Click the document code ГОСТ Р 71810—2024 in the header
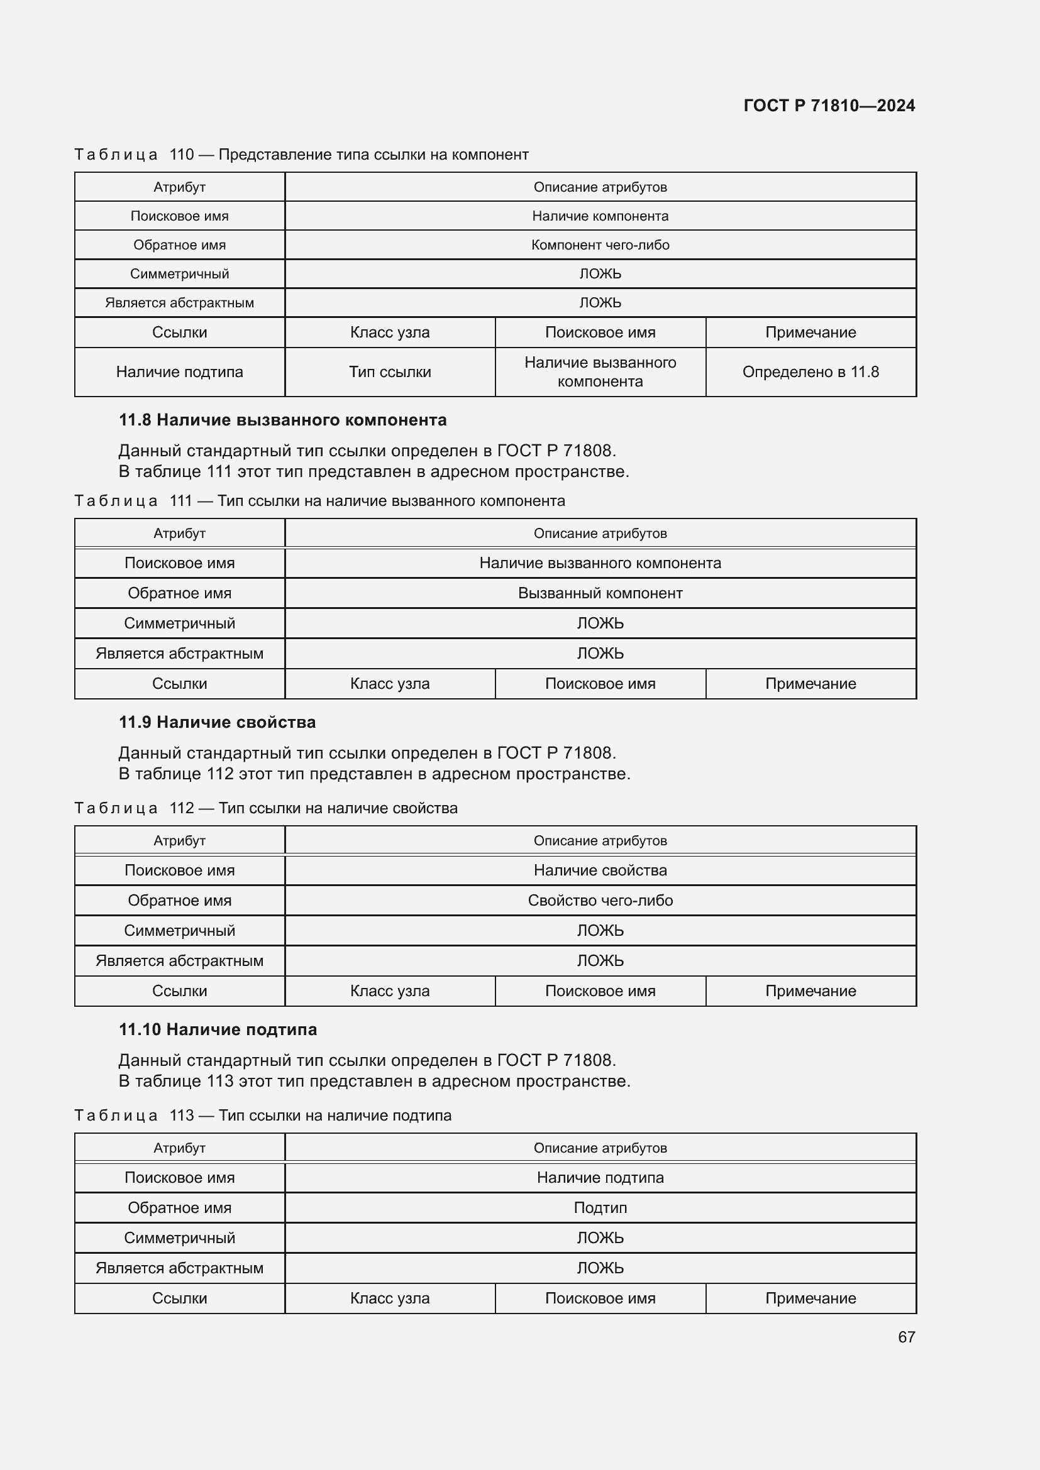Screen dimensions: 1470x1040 (829, 106)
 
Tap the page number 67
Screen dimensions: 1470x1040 (905, 1337)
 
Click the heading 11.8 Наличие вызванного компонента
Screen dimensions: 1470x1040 (282, 420)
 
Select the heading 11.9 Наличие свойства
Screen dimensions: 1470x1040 (217, 722)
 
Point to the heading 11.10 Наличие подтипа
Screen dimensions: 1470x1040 (218, 1029)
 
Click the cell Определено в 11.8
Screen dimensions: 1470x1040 (810, 372)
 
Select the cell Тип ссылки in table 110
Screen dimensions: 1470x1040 (389, 372)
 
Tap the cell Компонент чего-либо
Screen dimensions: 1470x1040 (600, 245)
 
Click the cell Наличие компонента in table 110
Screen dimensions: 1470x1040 (600, 216)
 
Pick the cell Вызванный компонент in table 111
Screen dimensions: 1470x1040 (600, 593)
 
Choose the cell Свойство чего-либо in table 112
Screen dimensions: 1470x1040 (600, 901)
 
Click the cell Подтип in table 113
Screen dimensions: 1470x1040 (600, 1208)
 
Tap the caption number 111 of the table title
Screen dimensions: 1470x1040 (181, 501)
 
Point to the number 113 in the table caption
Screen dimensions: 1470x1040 (182, 1116)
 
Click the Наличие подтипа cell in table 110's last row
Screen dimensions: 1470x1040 (179, 372)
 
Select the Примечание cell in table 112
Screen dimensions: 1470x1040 (810, 991)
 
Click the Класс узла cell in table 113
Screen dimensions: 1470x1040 (389, 1298)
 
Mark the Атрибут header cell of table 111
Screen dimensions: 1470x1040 (179, 534)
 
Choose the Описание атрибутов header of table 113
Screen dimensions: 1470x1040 (600, 1148)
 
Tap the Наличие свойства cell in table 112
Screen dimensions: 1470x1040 (600, 870)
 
